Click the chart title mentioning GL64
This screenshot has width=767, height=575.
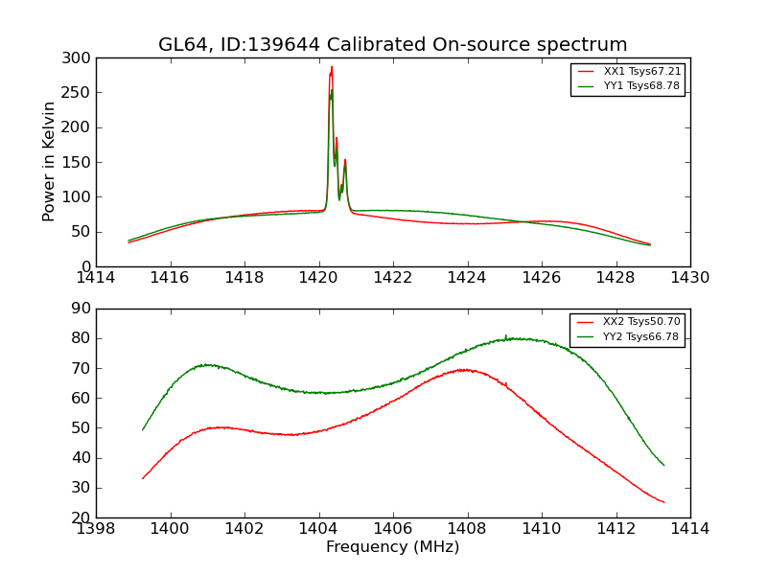[x=393, y=45]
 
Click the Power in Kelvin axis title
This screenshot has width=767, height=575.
[x=50, y=162]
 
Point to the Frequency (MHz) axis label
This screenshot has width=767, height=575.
[x=393, y=547]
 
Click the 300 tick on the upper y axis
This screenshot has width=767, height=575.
[x=81, y=58]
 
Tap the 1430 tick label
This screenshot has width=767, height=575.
[x=689, y=277]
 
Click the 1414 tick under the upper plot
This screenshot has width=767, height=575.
[x=96, y=277]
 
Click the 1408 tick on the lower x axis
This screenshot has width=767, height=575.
[x=467, y=528]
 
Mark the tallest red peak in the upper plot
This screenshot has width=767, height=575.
[x=332, y=67]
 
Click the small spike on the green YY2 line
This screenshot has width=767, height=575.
[x=505, y=335]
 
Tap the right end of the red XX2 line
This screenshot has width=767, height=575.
[x=663, y=502]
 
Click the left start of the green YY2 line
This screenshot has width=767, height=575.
[x=143, y=429]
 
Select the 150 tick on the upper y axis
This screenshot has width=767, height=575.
[x=81, y=162]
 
